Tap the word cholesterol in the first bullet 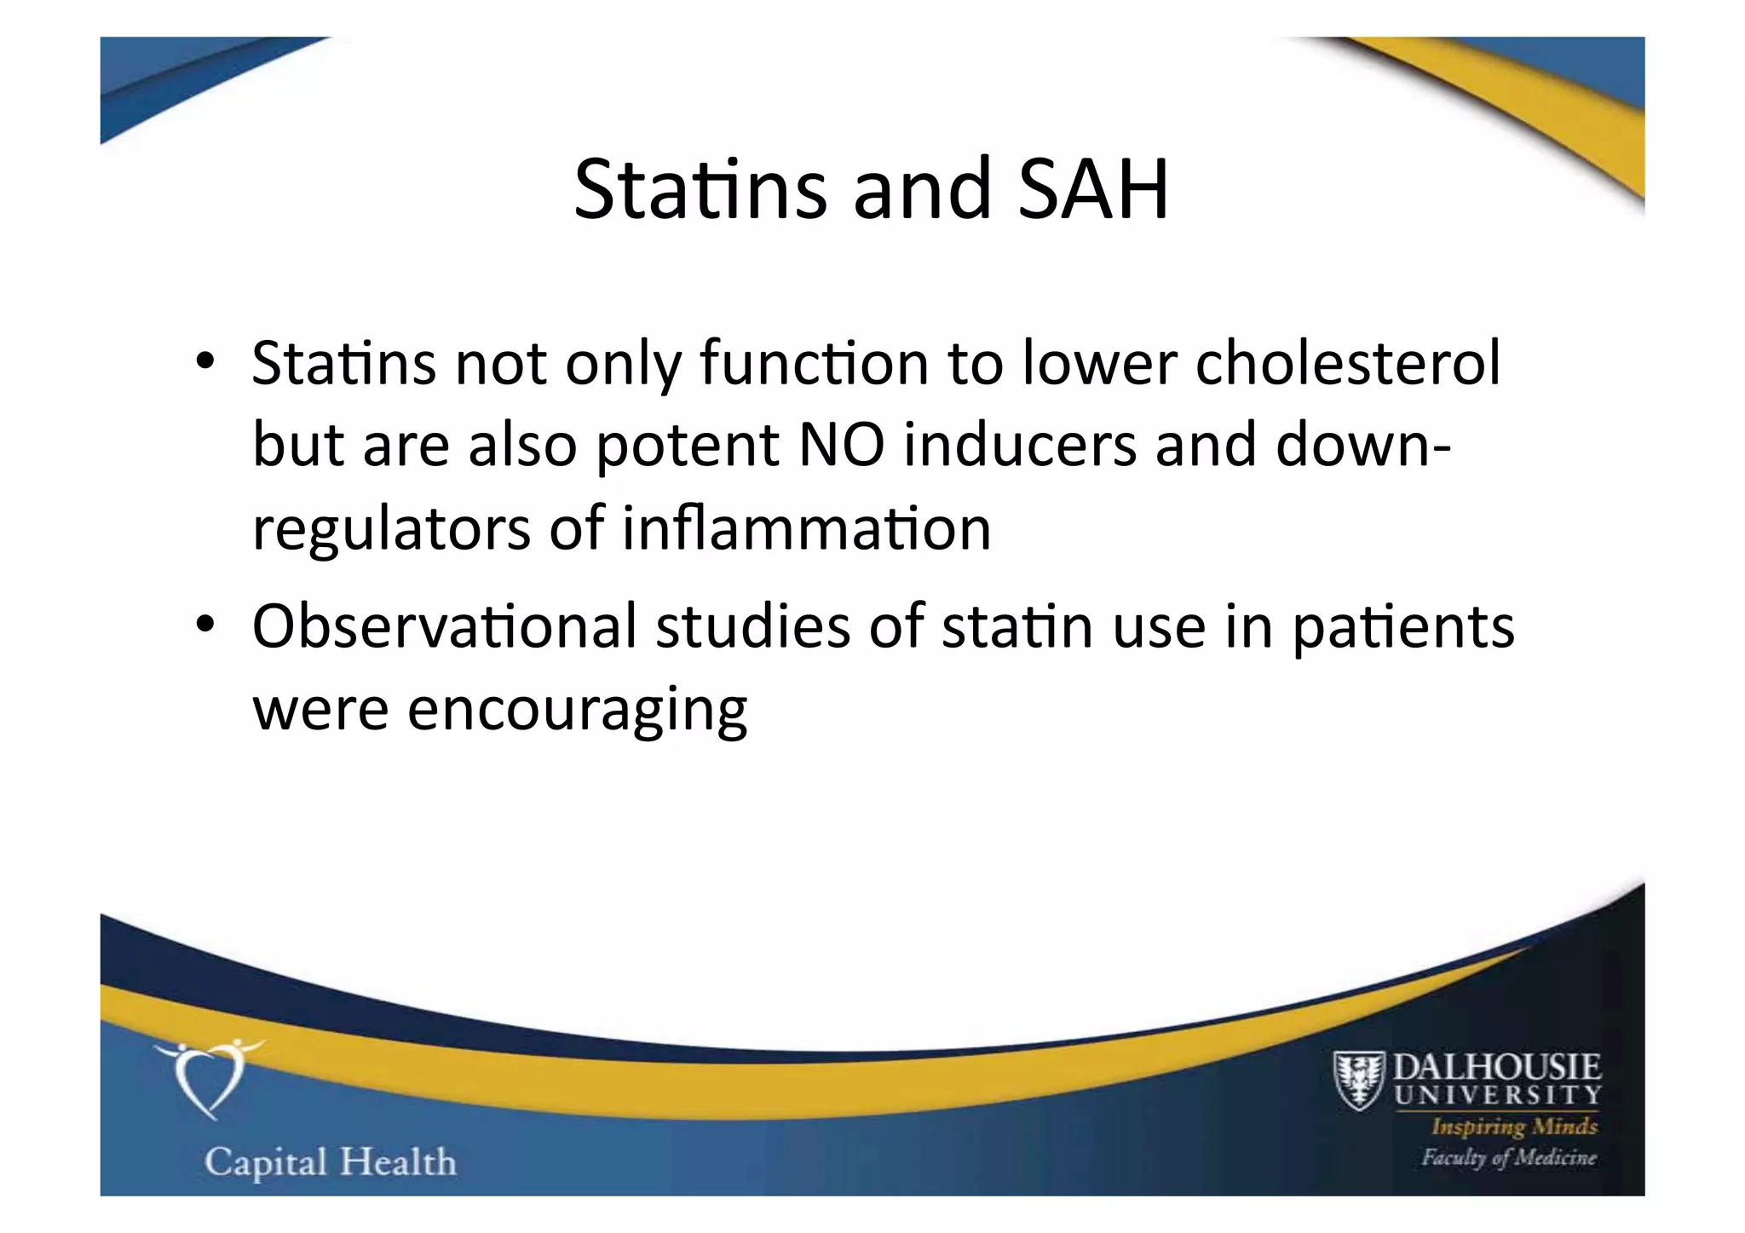point(1347,363)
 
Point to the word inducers point(1020,445)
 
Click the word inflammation point(806,528)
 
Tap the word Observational point(444,625)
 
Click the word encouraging point(577,709)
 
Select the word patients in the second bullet point(1403,627)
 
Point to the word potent point(687,447)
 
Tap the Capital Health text point(331,1162)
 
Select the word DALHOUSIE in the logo point(1497,1068)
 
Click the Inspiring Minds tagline point(1514,1126)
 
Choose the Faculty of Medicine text point(1508,1157)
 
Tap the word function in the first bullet point(814,363)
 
